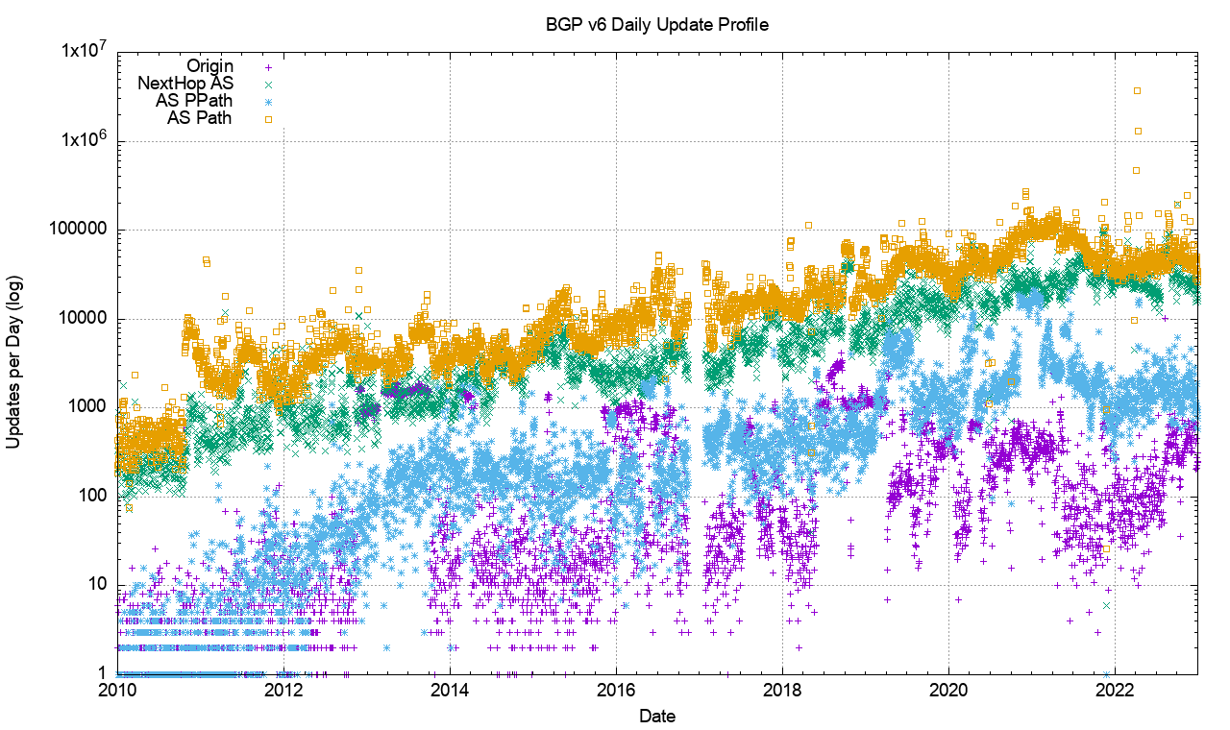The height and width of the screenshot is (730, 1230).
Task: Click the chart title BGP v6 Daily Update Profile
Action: coord(656,26)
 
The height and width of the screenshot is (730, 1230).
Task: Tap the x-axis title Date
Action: coord(656,717)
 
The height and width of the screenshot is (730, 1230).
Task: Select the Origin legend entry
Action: coord(209,66)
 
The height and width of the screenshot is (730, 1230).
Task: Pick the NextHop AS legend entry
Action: coord(185,84)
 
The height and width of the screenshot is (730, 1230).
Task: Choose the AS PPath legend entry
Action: coord(193,101)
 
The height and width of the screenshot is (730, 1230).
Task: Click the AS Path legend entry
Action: coord(200,118)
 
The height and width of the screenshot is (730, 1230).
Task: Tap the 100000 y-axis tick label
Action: coord(78,231)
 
